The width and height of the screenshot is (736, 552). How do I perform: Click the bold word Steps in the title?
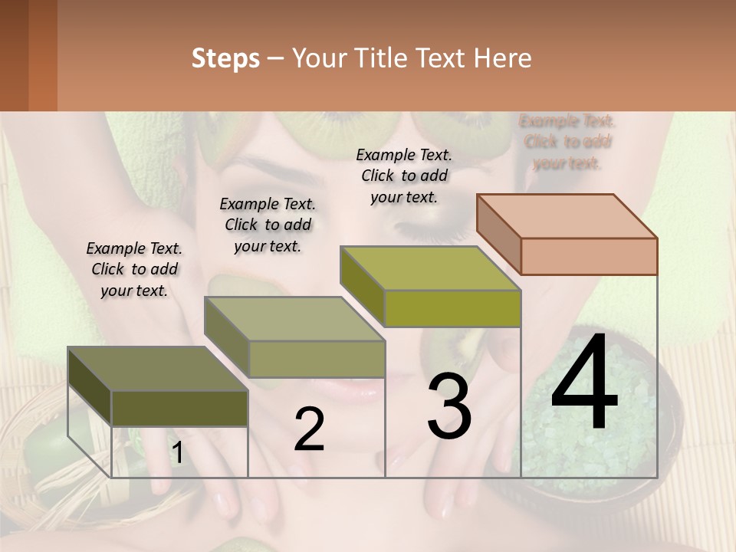(x=225, y=58)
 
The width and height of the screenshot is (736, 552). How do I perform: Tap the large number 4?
(x=584, y=383)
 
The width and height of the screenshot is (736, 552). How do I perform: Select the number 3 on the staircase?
(x=449, y=406)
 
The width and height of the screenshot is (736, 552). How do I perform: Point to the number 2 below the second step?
(x=309, y=429)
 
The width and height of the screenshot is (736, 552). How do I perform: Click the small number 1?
(x=176, y=453)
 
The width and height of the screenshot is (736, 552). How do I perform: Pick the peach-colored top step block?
(x=567, y=234)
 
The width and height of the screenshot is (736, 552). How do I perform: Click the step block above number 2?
(x=294, y=337)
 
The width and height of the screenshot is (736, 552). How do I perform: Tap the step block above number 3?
(x=430, y=286)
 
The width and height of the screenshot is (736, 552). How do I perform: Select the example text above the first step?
(x=134, y=270)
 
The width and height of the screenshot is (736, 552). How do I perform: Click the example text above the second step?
(x=268, y=225)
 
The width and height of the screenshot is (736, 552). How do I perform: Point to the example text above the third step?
(x=404, y=176)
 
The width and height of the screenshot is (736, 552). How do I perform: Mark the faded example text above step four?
(x=567, y=142)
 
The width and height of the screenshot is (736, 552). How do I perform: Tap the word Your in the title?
(x=319, y=58)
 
